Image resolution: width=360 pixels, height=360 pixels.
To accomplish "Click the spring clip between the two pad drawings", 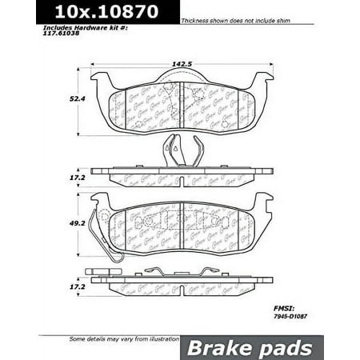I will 181,150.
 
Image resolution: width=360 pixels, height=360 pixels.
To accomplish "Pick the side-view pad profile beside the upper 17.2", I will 182,172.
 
